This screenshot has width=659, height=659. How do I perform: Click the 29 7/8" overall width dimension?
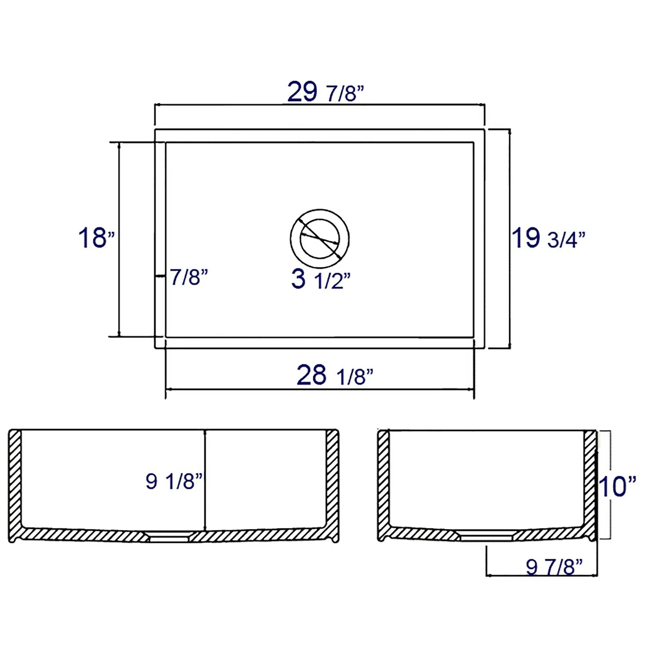pos(326,92)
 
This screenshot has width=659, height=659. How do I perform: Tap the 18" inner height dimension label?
pos(96,238)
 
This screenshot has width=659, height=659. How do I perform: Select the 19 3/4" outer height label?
pos(548,239)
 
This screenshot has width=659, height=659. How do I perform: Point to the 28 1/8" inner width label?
pos(335,376)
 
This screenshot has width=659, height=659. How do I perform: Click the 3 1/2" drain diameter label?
pos(321,279)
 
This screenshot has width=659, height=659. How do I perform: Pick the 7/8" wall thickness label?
pos(188,277)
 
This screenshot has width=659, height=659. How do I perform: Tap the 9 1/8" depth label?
pos(174,481)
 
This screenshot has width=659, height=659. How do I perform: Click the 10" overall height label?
pos(617,486)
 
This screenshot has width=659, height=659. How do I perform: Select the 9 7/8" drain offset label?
pos(554,567)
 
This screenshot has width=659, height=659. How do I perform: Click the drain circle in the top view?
pos(320,239)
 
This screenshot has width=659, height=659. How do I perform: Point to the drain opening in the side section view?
pos(486,535)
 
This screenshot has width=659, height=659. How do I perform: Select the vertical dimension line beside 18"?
pos(119,239)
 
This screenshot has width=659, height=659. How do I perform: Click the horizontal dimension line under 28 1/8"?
pos(320,389)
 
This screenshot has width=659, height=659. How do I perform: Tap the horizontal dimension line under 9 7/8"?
pos(542,575)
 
